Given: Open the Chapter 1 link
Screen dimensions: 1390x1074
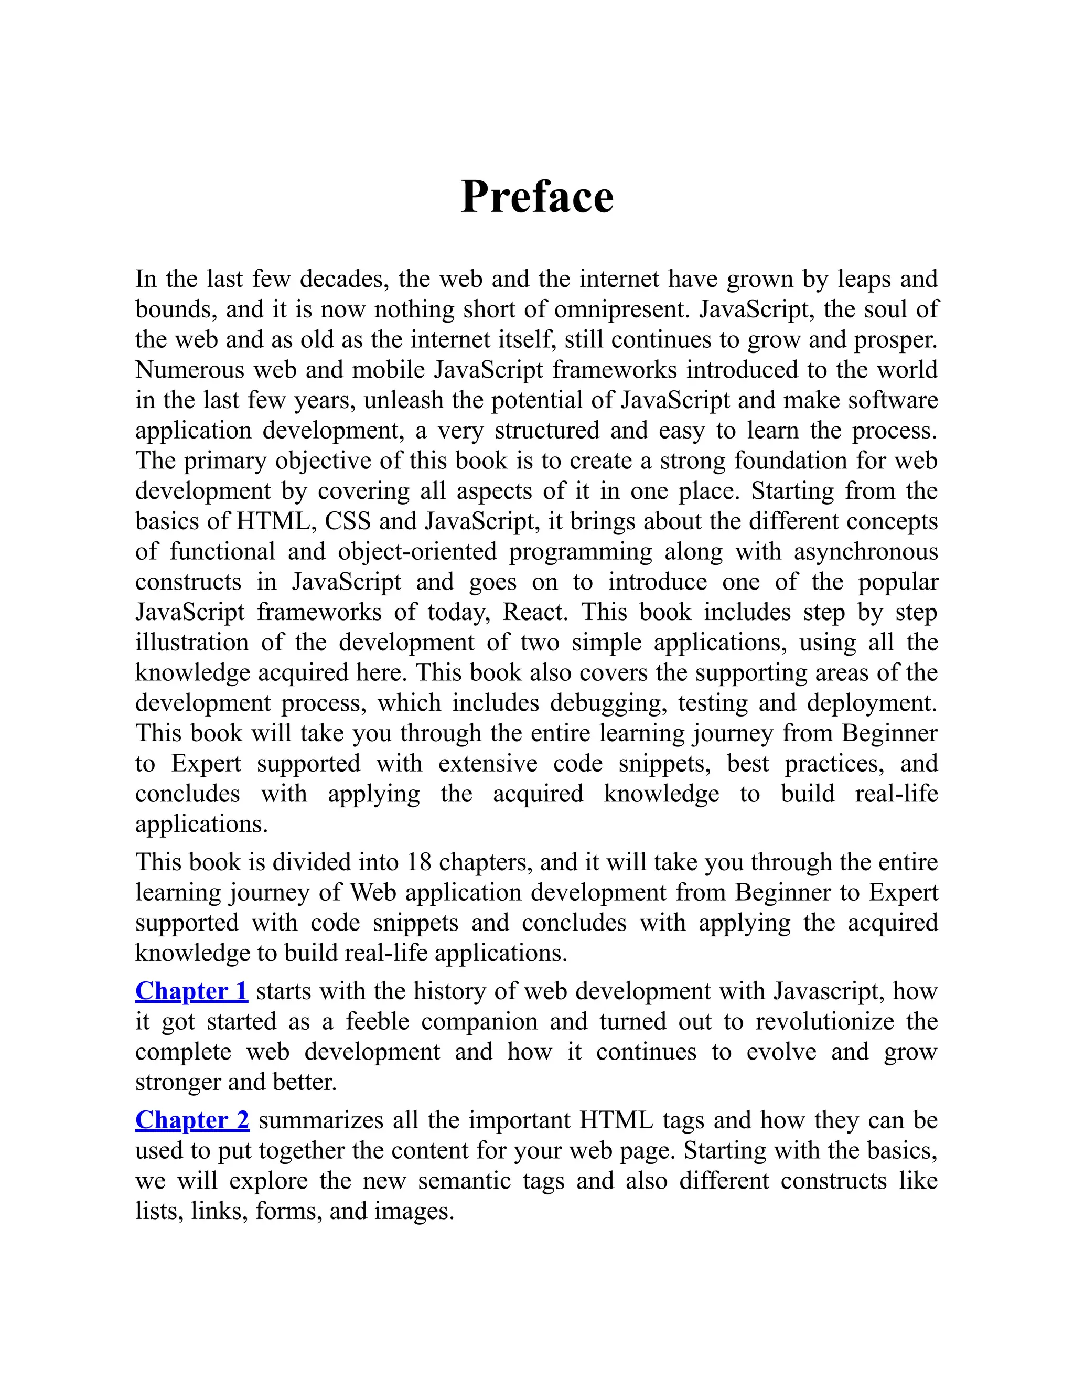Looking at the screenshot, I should tap(191, 991).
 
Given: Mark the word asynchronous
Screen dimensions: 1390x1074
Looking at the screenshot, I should tap(865, 552).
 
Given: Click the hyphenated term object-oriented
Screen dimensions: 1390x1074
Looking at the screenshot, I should tap(417, 552).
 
